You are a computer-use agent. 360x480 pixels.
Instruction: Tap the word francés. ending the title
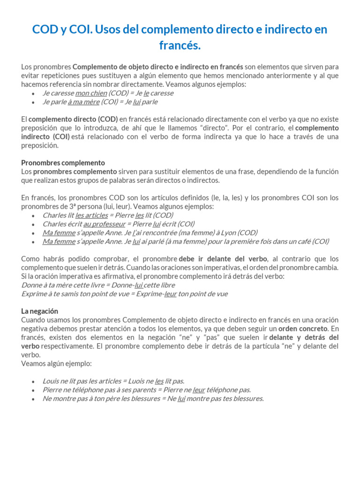pos(180,46)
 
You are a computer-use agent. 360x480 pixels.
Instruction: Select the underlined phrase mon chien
pos(91,93)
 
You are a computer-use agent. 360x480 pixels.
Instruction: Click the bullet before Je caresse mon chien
pos(32,93)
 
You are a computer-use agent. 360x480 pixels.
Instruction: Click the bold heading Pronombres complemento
pos(63,163)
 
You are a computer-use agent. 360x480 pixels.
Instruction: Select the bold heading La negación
pos(39,311)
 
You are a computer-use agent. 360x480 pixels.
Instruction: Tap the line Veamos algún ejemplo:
pos(57,363)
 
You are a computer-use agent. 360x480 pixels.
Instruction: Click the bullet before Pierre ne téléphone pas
pos(32,390)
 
